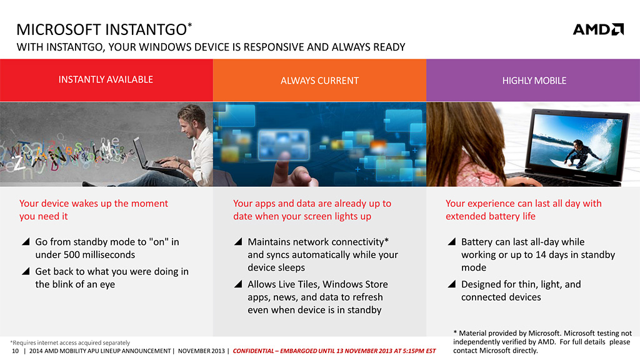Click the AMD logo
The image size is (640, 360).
[x=598, y=29]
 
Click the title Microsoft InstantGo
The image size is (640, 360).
[x=104, y=29]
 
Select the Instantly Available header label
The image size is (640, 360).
[x=106, y=79]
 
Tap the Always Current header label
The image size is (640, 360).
[x=319, y=81]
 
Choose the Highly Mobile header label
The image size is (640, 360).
[x=534, y=81]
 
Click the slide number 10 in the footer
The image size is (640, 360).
[x=15, y=351]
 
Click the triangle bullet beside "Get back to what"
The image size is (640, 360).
[x=26, y=271]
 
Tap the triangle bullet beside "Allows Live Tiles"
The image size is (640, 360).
[x=238, y=284]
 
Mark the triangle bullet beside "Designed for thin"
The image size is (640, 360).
[x=452, y=284]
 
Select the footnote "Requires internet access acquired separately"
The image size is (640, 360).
[x=70, y=343]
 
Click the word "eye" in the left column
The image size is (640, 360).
[x=107, y=284]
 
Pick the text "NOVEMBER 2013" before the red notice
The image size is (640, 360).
[x=201, y=351]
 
